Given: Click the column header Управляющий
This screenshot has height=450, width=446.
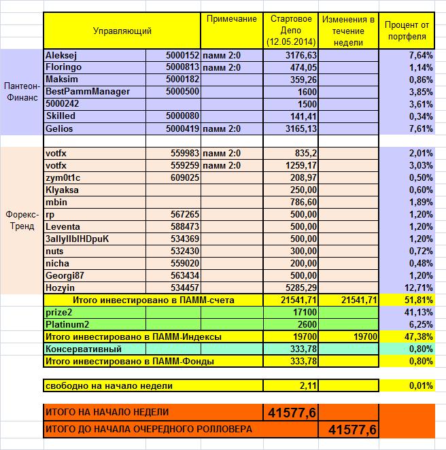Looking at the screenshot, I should (x=122, y=31).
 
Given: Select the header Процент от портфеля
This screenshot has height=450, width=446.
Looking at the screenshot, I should (x=406, y=31).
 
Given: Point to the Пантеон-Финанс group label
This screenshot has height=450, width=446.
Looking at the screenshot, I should (x=21, y=92).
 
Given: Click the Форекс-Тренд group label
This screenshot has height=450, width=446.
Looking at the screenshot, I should (x=21, y=221).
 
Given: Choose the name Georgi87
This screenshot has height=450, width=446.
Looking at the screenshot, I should (x=65, y=275).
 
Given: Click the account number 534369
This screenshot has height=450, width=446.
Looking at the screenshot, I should (x=185, y=239).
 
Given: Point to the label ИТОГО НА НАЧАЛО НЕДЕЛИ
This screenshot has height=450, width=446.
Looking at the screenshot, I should (x=106, y=412).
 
